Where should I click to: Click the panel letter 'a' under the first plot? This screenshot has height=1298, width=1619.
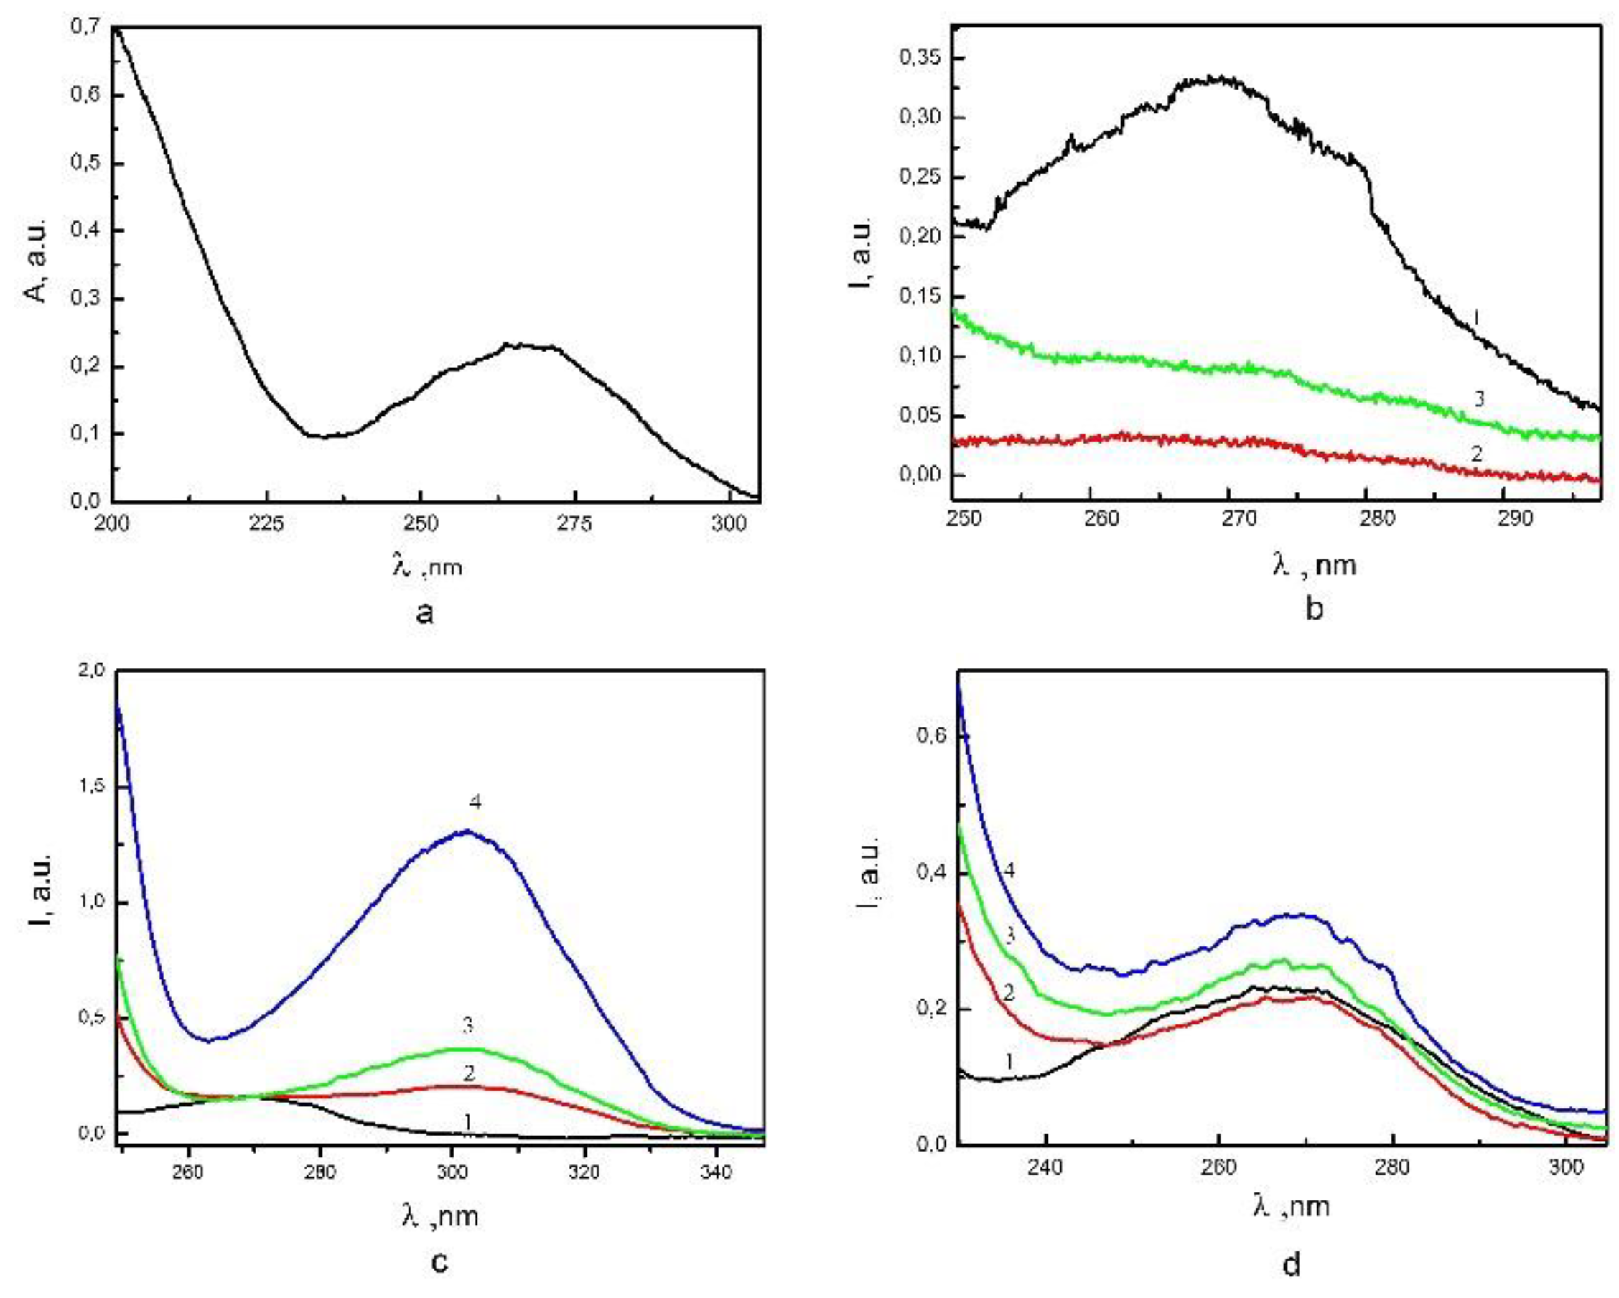point(424,613)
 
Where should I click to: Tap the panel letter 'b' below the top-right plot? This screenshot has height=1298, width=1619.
point(1313,608)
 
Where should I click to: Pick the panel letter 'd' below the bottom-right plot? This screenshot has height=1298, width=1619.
point(1291,1264)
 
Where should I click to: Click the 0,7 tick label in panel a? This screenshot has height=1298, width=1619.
point(85,28)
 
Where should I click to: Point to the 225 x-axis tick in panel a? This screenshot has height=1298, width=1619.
point(266,523)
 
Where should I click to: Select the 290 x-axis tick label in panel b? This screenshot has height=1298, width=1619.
point(1513,519)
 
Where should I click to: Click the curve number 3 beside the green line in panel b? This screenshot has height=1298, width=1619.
point(1478,398)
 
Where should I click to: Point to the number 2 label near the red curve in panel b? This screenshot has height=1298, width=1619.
point(1476,454)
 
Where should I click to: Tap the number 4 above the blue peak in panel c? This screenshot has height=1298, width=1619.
point(475,803)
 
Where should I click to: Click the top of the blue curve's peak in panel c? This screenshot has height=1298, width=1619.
point(467,831)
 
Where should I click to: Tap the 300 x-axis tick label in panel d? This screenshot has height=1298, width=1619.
point(1564,1167)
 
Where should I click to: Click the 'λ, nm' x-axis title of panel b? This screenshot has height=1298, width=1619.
point(1315,564)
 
